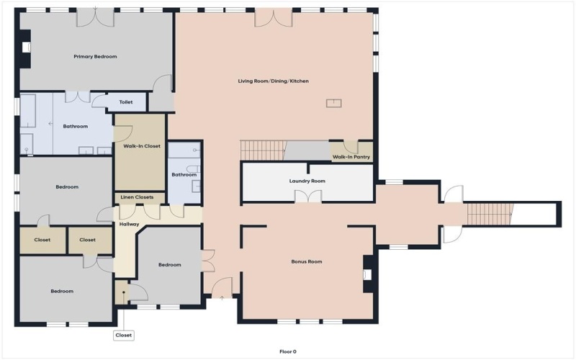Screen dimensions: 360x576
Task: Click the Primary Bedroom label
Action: click(95, 56)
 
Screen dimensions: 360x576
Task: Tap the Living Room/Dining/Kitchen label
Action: click(273, 81)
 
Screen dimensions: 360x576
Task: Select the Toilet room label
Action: click(126, 102)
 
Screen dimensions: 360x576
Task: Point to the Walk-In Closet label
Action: click(141, 146)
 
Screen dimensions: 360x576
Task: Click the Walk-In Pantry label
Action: click(351, 156)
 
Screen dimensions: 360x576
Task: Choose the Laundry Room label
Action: click(307, 181)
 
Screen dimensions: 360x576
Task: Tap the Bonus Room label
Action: click(307, 261)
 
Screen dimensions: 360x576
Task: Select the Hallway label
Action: click(129, 224)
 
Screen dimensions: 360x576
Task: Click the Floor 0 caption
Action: click(288, 351)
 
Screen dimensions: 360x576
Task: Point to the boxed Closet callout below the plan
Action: click(123, 335)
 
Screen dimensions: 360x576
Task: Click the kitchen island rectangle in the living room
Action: click(334, 103)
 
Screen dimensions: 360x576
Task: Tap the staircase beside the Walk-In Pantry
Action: click(263, 150)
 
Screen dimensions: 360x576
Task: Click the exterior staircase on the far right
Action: click(490, 212)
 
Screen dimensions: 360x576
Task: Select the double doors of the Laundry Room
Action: click(307, 197)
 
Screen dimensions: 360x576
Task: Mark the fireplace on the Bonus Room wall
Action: click(368, 274)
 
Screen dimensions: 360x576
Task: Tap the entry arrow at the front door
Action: click(222, 296)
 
